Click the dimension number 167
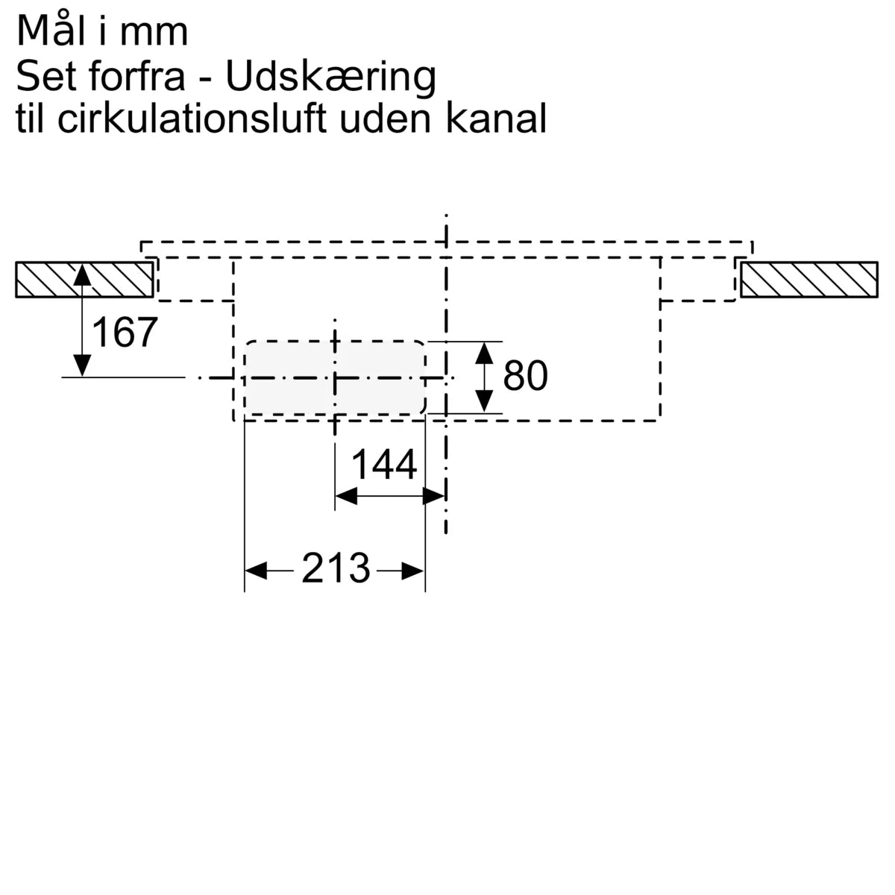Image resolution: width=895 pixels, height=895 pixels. (x=125, y=332)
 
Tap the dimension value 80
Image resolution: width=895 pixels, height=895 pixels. (x=525, y=375)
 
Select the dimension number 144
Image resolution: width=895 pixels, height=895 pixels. (x=384, y=465)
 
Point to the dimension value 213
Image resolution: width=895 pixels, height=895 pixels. (x=336, y=568)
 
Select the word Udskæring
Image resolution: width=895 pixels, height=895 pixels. (x=330, y=76)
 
